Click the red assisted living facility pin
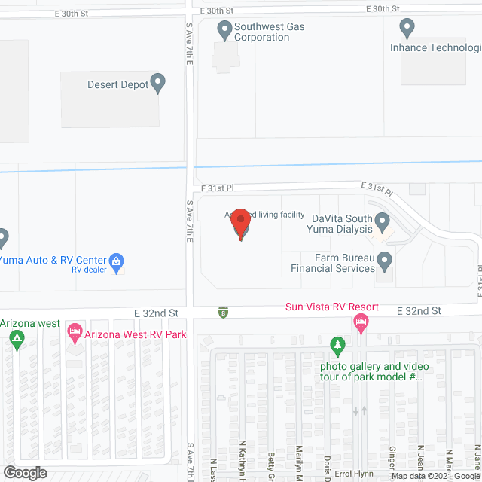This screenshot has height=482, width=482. coord(240,224)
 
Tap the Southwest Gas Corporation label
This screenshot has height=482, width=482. coord(261,32)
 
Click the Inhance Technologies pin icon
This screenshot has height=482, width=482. coord(407,29)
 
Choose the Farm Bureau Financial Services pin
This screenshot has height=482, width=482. coord(385,261)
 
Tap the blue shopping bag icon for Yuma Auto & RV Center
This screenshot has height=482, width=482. coord(117,261)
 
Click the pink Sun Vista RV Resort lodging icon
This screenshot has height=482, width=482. coord(361,324)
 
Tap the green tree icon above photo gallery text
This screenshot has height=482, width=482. coord(338,346)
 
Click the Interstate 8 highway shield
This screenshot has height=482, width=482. coord(222,311)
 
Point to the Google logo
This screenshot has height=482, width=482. coord(24,472)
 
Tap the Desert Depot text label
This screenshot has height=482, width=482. coord(117,84)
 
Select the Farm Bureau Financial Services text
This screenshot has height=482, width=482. coord(334,262)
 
